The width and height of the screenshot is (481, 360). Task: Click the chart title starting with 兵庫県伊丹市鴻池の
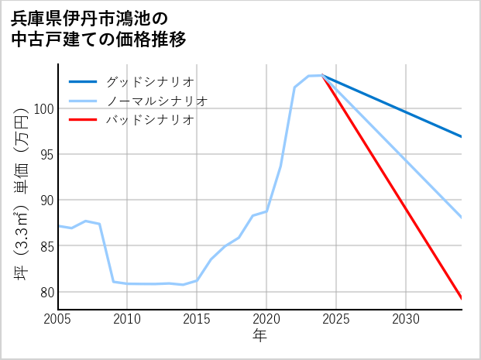(99, 28)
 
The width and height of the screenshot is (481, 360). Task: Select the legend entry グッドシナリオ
(149, 81)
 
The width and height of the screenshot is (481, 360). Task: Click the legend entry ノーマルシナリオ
(156, 101)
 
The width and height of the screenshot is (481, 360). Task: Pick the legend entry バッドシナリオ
(149, 120)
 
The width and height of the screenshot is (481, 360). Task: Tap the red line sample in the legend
(84, 120)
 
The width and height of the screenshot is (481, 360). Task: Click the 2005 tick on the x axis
(58, 319)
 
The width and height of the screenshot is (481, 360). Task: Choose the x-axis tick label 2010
(127, 319)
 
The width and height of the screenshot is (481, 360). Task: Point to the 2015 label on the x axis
(197, 319)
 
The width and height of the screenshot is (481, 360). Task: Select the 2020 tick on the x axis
(266, 319)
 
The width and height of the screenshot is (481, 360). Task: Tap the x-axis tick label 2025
(336, 319)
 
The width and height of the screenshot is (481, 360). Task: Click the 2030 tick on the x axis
(406, 319)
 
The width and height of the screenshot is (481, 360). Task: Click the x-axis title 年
(260, 337)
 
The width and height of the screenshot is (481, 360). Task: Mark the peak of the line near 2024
(321, 75)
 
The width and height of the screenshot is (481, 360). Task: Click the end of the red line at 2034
(462, 298)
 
